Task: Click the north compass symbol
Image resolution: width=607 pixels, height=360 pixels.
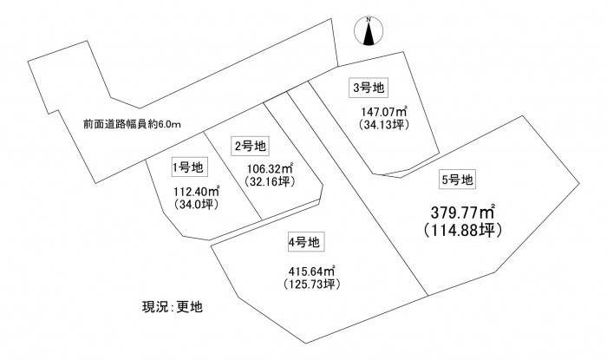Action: (x=369, y=31)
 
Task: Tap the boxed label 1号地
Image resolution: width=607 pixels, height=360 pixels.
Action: (x=188, y=167)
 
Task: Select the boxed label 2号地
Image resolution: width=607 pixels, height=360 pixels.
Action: (x=251, y=146)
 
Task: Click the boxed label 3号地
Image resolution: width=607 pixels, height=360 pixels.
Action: (x=369, y=88)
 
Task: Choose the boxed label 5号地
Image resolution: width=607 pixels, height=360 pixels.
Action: (x=457, y=180)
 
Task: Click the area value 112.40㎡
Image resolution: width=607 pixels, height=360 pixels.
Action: (x=197, y=191)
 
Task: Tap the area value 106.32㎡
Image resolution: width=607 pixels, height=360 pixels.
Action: (x=270, y=169)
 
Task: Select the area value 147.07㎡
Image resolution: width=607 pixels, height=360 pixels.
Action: (x=383, y=112)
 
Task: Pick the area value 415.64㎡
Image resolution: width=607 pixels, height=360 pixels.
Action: (x=311, y=271)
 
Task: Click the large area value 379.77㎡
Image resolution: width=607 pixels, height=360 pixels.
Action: (x=462, y=213)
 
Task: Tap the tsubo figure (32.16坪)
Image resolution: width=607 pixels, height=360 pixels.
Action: (x=270, y=181)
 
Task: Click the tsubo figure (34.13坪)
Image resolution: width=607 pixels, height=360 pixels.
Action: (x=383, y=124)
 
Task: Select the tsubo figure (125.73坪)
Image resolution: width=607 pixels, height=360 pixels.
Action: (x=311, y=284)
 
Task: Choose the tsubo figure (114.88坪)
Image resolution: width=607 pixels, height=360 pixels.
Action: (x=462, y=231)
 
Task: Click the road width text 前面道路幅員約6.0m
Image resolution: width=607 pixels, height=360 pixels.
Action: (x=132, y=124)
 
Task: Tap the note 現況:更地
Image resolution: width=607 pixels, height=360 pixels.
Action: (x=173, y=306)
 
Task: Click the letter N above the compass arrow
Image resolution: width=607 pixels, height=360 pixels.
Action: (x=369, y=19)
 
